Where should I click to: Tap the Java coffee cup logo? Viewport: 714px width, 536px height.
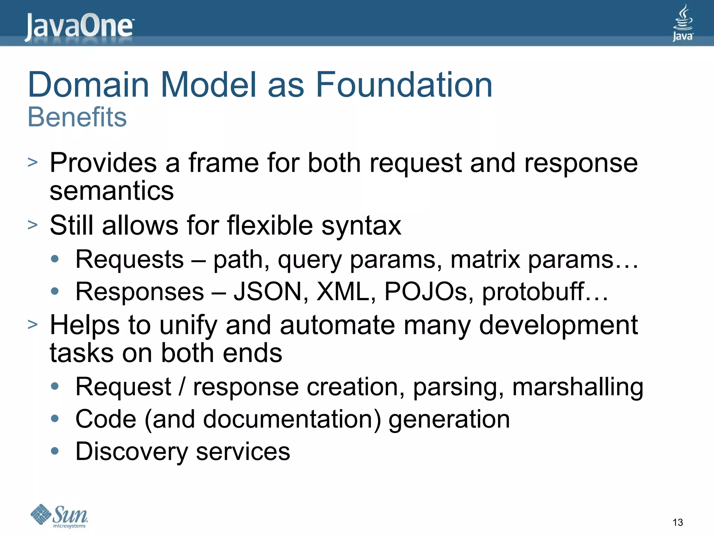683,23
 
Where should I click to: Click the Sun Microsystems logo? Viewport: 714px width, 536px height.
59,516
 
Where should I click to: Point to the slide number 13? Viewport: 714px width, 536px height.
677,522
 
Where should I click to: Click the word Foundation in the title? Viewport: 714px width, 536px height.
404,84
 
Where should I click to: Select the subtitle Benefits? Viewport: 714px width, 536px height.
77,117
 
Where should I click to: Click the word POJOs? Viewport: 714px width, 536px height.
428,291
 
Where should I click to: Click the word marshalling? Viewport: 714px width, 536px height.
577,387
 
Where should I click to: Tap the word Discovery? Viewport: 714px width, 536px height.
131,452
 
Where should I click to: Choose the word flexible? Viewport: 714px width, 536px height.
270,225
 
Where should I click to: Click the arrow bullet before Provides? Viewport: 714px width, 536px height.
32,162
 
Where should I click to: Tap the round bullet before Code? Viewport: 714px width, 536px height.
55,418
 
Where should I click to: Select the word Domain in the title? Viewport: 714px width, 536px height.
89,84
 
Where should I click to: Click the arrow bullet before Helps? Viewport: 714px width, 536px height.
32,324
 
